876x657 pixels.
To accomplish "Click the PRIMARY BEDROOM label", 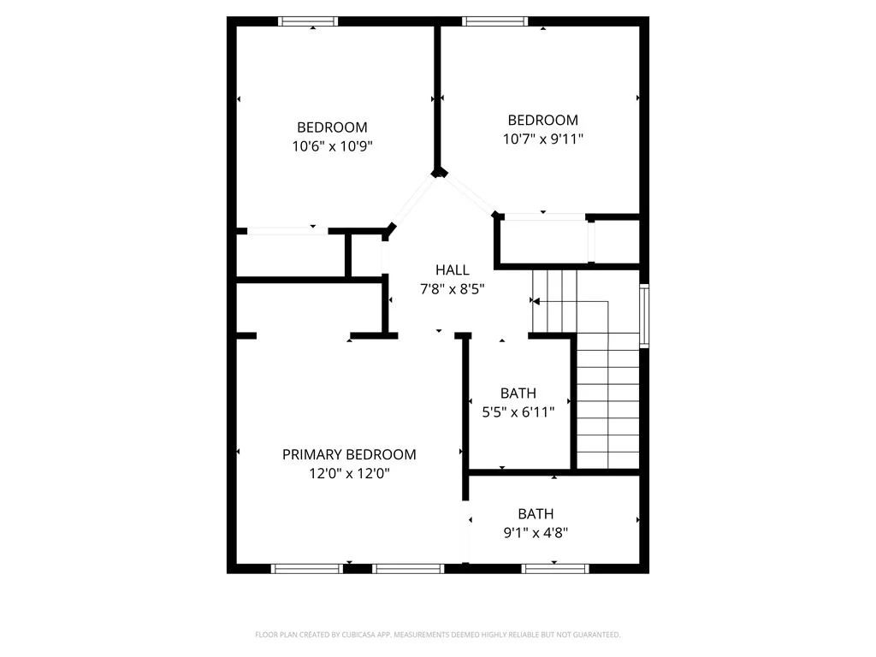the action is pos(349,455).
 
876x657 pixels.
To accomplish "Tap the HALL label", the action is pos(452,270).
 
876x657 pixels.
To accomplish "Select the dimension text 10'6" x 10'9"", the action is pos(333,146).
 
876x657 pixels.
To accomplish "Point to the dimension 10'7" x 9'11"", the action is pos(543,139).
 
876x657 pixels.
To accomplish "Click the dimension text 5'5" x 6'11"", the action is pos(518,412).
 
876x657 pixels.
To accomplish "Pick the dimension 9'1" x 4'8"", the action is pos(536,533).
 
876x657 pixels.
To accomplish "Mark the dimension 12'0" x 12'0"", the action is pos(349,474).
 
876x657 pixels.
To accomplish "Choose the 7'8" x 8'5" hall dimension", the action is pos(452,289).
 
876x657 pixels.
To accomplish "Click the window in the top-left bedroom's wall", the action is pos(308,21).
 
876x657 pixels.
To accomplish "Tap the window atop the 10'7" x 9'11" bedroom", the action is pos(495,21).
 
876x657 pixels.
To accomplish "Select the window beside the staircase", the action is pos(644,316).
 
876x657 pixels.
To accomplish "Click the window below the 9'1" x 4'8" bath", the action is pos(555,569).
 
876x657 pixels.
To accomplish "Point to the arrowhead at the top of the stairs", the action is pos(536,302).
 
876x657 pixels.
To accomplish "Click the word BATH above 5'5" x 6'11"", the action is pos(518,394).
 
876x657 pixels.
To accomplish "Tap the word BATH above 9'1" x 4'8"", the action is pos(536,514).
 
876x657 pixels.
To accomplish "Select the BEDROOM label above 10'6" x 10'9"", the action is pos(333,127).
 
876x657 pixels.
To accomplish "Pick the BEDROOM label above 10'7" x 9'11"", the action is pos(543,120).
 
